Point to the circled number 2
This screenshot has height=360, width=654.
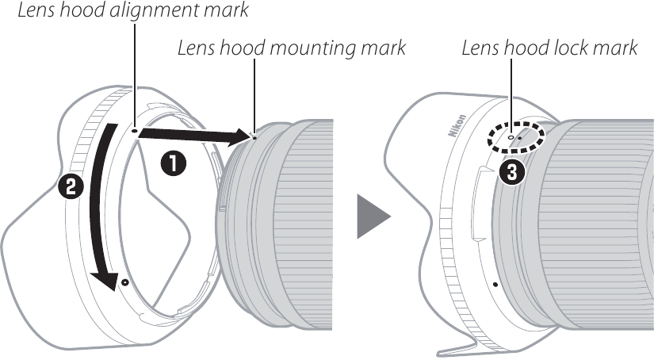[x=69, y=188]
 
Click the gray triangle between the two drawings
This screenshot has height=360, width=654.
[x=372, y=216]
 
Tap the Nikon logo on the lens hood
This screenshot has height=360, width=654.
[x=458, y=129]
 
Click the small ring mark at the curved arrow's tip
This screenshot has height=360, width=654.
[x=125, y=281]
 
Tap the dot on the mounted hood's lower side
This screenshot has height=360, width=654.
[x=495, y=283]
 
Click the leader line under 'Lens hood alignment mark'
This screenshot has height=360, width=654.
[x=136, y=71]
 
